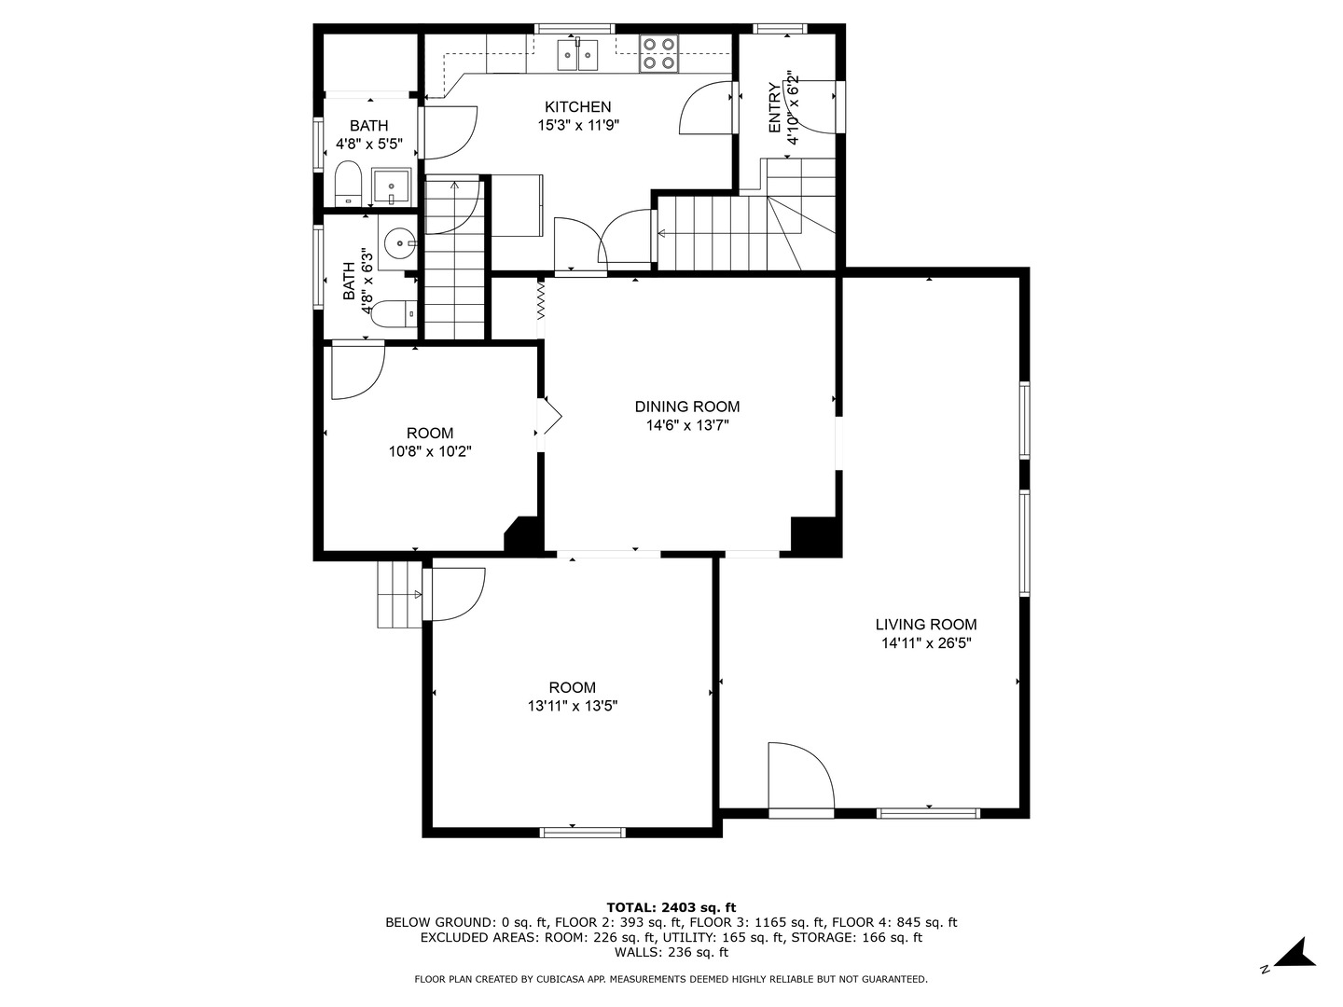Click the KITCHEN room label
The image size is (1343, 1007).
577,107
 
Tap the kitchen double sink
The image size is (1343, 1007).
578,55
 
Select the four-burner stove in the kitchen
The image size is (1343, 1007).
658,54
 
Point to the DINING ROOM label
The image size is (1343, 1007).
687,407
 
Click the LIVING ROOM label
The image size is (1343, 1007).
925,625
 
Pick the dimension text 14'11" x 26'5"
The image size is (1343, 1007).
925,643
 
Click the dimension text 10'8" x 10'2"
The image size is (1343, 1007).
430,452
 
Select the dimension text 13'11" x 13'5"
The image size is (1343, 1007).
572,707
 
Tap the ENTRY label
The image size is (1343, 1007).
775,108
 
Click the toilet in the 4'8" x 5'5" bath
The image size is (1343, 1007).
348,184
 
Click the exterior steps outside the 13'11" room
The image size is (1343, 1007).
398,595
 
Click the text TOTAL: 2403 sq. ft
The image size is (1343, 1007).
671,907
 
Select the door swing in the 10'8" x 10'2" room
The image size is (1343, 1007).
356,370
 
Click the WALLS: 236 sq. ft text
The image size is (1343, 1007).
671,952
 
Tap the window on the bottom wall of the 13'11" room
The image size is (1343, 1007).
583,832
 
